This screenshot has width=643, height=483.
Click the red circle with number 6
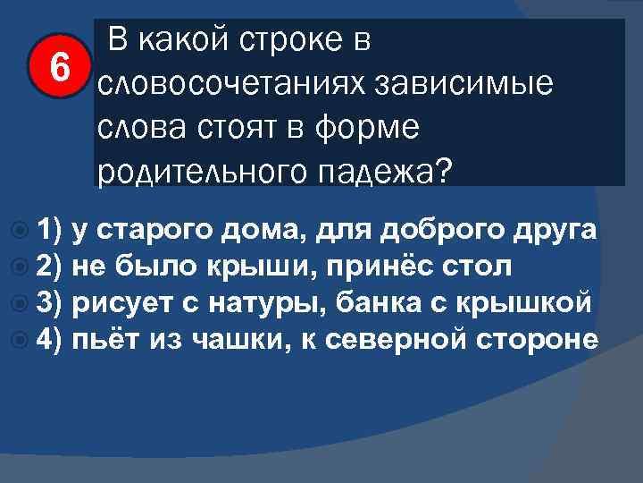point(58,65)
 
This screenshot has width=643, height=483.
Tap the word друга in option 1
point(558,230)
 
